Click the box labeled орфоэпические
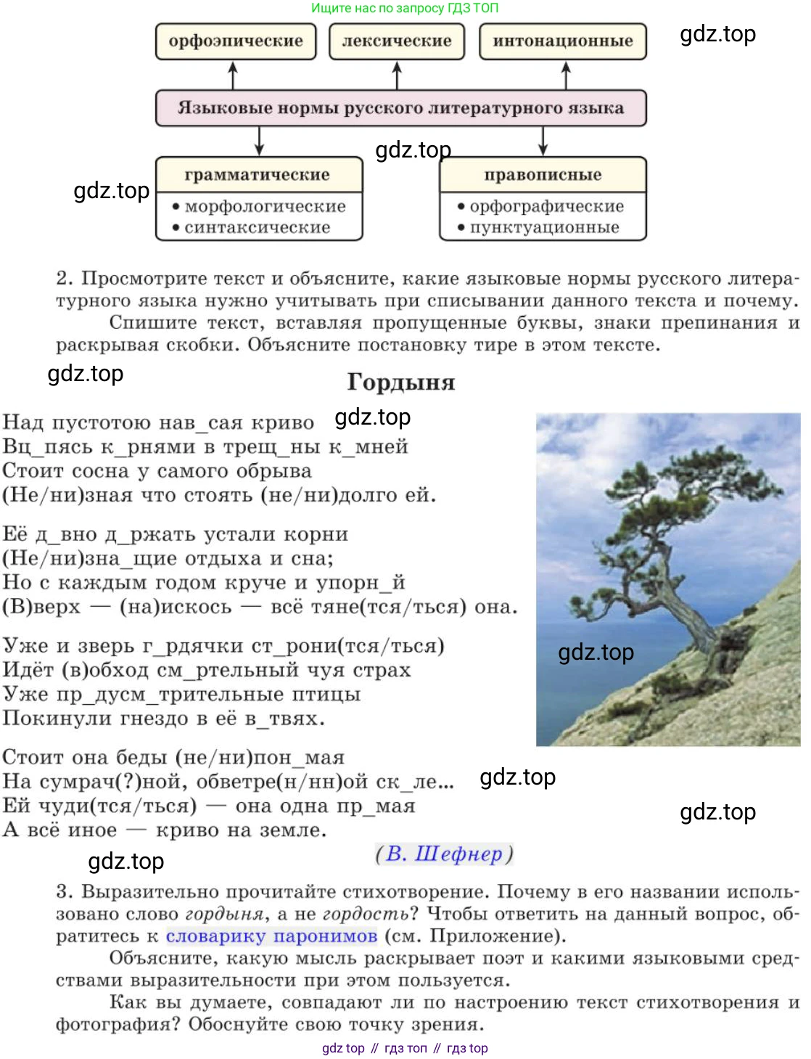[x=236, y=41]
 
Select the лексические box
[x=396, y=41]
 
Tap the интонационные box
[x=562, y=41]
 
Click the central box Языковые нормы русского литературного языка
[x=400, y=108]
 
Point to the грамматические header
[x=258, y=175]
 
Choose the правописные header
[x=543, y=175]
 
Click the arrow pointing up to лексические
[x=397, y=75]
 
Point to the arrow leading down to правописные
[x=543, y=141]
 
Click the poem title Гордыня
[x=400, y=382]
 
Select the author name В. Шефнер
[x=444, y=854]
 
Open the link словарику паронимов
[x=271, y=936]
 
